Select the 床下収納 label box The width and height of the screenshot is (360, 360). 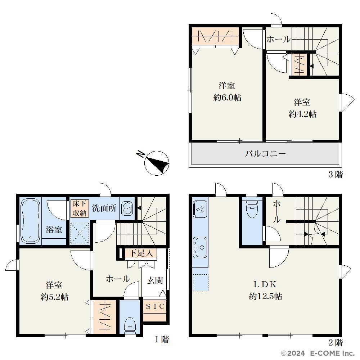click(x=80, y=208)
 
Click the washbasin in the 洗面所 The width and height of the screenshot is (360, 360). click(x=127, y=208)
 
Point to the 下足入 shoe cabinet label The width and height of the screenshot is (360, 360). click(x=141, y=253)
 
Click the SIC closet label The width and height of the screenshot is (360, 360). click(x=155, y=306)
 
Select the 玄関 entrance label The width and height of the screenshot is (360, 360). click(x=155, y=280)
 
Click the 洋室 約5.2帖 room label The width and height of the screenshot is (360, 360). click(x=54, y=291)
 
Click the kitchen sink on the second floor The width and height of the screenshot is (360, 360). click(x=200, y=247)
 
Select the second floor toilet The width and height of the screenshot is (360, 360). click(x=252, y=209)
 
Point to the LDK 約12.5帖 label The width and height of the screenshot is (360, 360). click(x=265, y=291)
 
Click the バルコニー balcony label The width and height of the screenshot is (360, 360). click(x=265, y=153)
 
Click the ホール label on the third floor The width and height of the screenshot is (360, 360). click(x=278, y=39)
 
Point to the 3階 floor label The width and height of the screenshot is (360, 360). click(x=336, y=175)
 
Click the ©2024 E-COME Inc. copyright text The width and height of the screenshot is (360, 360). click(x=318, y=353)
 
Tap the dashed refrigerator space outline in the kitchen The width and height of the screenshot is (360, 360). click(x=201, y=283)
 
